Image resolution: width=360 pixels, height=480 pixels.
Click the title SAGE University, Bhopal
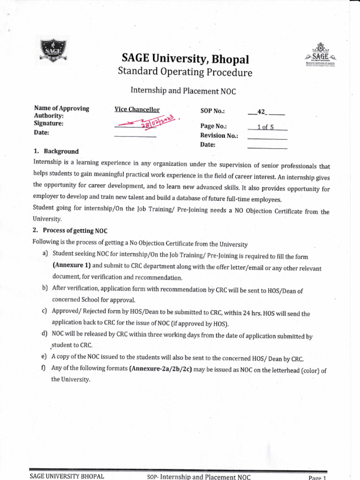pos(186,59)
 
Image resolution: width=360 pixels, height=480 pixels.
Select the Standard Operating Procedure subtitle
pos(185,73)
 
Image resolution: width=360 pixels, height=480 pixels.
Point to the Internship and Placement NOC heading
pos(182,91)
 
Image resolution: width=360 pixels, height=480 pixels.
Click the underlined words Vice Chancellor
pos(137,110)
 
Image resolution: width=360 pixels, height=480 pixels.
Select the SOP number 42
pos(261,112)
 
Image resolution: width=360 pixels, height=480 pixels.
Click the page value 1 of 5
pos(265,127)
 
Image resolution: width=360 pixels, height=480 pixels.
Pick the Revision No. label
pos(219,135)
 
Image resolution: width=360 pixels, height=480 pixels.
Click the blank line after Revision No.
pos(267,138)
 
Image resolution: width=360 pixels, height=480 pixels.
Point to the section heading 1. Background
pos(56,151)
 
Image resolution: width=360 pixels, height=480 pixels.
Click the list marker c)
pos(45,311)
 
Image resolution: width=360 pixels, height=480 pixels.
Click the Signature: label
pos(49,124)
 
